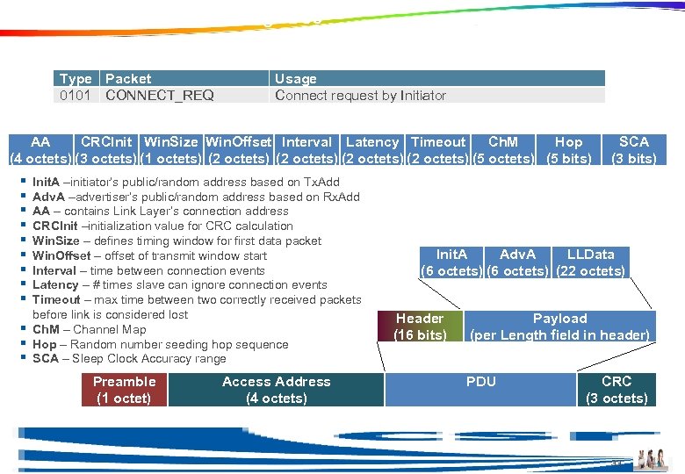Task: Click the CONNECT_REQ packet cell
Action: tap(160, 96)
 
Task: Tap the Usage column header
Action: tap(296, 79)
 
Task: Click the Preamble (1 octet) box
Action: tap(124, 390)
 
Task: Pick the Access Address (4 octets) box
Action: tap(276, 390)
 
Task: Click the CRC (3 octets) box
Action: tap(616, 390)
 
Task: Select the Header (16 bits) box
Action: tap(420, 327)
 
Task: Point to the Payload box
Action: tap(559, 327)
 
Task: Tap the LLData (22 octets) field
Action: tap(591, 262)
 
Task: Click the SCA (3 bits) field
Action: tap(633, 150)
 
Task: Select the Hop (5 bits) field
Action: tap(568, 150)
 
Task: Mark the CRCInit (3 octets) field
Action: tap(106, 150)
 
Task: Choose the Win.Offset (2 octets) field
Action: tap(238, 150)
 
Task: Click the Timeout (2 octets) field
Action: tap(438, 150)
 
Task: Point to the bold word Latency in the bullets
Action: tap(56, 285)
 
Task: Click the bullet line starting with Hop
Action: tap(160, 344)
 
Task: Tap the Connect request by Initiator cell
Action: tap(360, 96)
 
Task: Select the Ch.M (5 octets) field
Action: tap(503, 150)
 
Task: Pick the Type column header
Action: tap(76, 79)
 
